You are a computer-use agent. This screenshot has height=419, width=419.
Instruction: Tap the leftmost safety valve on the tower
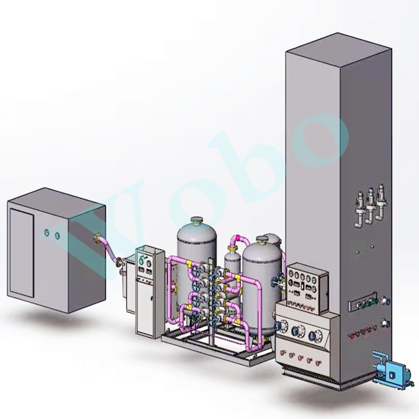(x=360, y=211)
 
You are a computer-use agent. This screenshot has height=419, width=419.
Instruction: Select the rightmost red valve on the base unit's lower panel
(x=318, y=363)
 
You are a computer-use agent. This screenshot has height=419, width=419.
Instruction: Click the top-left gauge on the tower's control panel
(x=292, y=274)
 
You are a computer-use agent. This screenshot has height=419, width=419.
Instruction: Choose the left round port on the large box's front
(x=47, y=233)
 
